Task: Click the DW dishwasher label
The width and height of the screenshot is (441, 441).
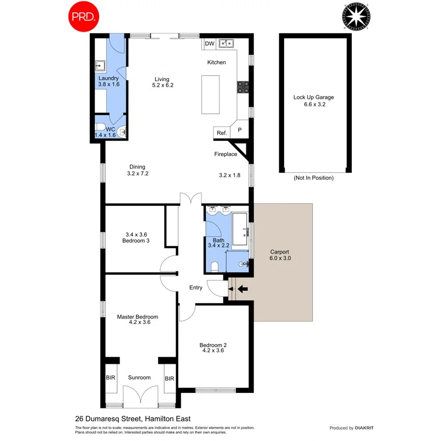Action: [210, 44]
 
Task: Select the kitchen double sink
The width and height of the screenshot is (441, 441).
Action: [226, 44]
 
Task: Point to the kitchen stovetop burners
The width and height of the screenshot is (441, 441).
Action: [243, 87]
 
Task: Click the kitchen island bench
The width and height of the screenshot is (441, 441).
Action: [210, 94]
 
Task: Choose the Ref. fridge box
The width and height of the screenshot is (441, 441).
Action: [221, 133]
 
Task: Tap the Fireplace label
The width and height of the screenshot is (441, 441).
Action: [225, 154]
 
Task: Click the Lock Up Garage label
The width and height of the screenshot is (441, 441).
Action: [314, 97]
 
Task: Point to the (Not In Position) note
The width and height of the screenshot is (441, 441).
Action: [314, 178]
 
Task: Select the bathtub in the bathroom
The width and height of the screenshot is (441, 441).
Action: [240, 229]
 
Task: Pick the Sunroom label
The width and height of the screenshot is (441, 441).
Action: [139, 378]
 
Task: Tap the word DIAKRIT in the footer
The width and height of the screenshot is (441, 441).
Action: [364, 428]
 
